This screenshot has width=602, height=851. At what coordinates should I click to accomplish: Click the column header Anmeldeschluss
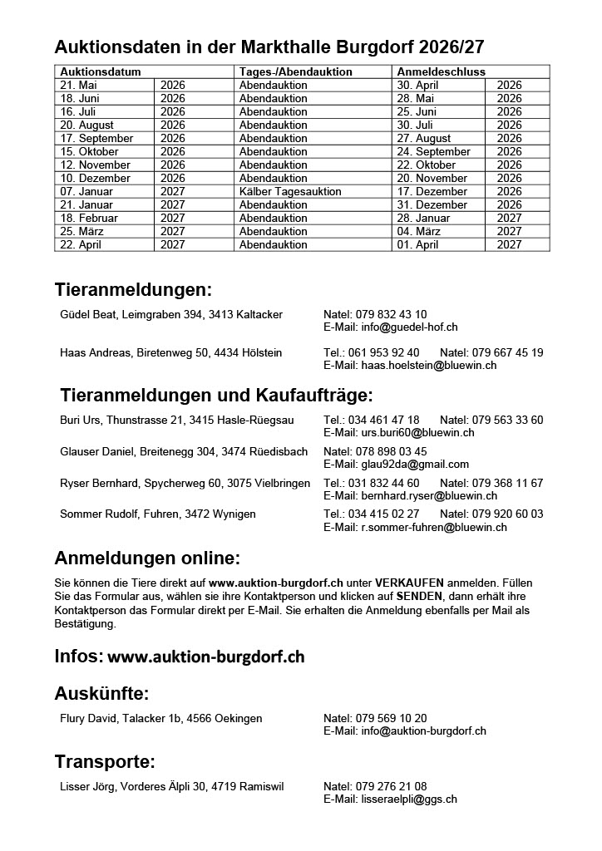[442, 71]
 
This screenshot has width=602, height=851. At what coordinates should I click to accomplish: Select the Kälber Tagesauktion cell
[290, 191]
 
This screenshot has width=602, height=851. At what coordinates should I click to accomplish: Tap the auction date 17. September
[96, 138]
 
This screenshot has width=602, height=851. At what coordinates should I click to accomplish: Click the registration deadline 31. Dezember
[432, 204]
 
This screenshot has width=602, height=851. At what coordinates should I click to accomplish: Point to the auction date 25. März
[81, 231]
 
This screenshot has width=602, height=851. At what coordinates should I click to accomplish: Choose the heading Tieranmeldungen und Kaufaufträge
[217, 395]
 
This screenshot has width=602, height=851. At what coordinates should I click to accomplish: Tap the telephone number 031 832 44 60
[383, 483]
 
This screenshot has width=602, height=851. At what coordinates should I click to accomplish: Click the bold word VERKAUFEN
[410, 583]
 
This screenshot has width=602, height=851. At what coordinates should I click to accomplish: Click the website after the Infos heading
[206, 657]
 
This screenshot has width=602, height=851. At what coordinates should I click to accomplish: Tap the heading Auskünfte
[101, 694]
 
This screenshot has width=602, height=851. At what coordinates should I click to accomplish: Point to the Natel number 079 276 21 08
[391, 786]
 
